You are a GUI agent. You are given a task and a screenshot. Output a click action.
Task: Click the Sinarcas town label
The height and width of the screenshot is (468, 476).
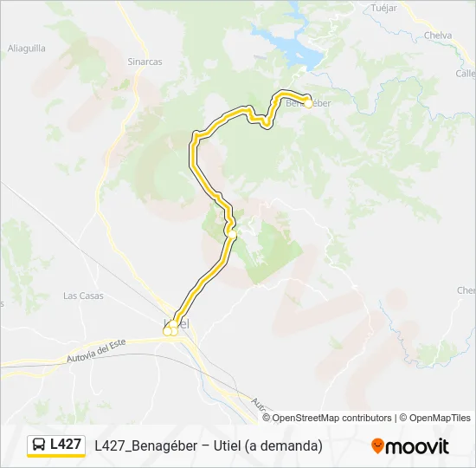(145, 62)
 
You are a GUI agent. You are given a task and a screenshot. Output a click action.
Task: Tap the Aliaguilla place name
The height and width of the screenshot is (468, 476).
(26, 49)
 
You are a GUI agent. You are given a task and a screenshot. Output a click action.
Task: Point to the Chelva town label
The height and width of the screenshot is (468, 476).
(439, 36)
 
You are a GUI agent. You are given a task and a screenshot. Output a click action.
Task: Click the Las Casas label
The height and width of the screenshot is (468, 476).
(83, 296)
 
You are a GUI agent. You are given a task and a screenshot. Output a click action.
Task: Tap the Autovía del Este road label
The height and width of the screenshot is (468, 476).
(96, 351)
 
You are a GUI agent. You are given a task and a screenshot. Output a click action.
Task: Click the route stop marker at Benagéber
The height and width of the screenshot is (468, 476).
(307, 102)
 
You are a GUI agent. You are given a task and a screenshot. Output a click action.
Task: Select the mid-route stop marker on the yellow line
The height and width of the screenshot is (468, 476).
(231, 233)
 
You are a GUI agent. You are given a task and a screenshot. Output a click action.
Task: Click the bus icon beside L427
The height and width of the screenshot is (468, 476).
(39, 445)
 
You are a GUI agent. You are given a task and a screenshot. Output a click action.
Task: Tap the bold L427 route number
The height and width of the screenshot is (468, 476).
(66, 445)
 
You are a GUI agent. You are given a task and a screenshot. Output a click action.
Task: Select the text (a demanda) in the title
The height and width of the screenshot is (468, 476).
(283, 445)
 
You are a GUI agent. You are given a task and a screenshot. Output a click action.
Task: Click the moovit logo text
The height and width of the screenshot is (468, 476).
(417, 446)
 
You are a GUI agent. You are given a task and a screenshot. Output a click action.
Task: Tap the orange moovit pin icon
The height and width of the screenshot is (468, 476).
(377, 446)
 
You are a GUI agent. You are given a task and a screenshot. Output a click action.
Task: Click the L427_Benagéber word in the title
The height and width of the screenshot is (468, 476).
(146, 445)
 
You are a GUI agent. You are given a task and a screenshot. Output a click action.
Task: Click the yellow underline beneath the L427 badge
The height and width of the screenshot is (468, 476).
(56, 456)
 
